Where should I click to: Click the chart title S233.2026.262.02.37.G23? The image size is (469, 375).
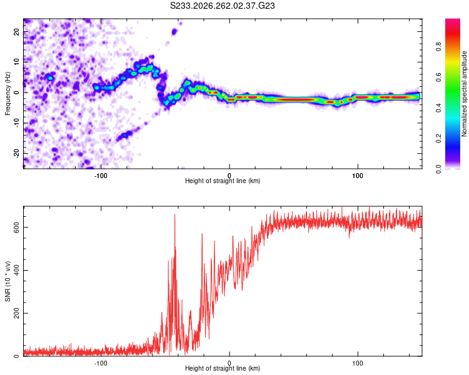[222, 6]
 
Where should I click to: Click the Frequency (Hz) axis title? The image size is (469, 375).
[8, 94]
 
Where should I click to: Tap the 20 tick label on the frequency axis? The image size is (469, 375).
[16, 32]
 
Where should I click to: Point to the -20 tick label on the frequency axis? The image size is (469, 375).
[16, 153]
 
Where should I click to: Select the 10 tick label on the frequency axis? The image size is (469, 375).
[16, 62]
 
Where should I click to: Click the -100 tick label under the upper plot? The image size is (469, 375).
[101, 176]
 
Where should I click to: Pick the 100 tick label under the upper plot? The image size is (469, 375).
[358, 176]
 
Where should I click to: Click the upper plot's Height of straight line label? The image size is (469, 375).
[223, 181]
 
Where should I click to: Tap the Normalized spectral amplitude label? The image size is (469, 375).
[464, 94]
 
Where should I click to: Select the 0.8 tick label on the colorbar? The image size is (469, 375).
[438, 47]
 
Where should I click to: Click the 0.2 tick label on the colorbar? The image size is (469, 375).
[438, 139]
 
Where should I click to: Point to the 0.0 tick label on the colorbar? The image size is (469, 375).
[438, 169]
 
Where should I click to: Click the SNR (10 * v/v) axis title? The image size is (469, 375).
[8, 281]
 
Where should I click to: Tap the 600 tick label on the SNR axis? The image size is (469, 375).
[16, 227]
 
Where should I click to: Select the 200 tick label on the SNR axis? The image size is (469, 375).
[16, 313]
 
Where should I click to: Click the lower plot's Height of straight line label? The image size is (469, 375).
[223, 368]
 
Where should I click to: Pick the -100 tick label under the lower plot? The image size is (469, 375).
[101, 363]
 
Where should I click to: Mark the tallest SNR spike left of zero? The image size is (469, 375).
[175, 214]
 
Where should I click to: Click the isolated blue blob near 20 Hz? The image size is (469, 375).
[174, 31]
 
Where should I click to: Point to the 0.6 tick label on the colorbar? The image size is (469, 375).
[438, 77]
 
